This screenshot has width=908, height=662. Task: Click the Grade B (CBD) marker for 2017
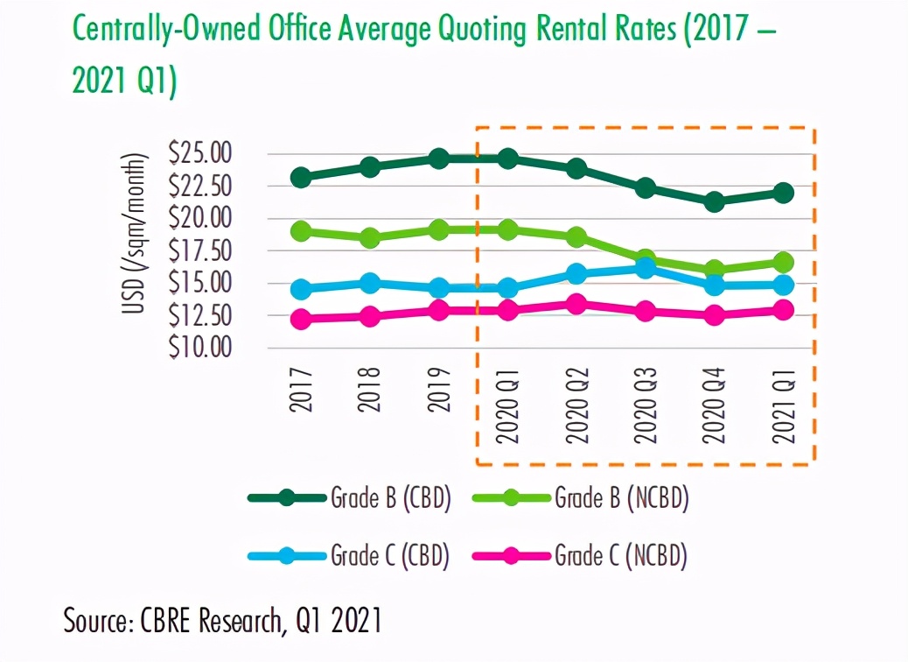click(x=301, y=178)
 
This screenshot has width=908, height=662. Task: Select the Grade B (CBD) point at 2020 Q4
click(x=714, y=202)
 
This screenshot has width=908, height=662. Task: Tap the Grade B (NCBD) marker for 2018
click(x=370, y=237)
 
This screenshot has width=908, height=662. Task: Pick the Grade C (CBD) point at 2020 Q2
click(x=576, y=274)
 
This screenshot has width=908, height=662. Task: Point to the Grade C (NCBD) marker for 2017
click(x=301, y=320)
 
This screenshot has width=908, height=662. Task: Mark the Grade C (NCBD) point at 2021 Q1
click(x=783, y=310)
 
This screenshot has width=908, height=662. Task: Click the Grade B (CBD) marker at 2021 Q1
click(x=783, y=193)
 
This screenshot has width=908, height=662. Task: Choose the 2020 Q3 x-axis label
click(x=646, y=406)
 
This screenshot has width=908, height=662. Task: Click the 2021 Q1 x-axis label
click(x=783, y=406)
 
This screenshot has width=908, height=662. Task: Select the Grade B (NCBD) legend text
click(x=622, y=498)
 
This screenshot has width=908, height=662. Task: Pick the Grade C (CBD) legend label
click(x=390, y=555)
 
